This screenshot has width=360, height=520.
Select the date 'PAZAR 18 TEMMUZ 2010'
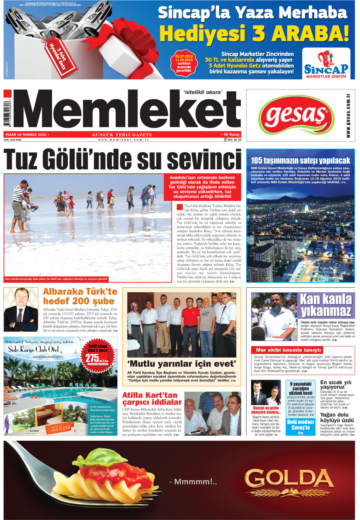(26, 134)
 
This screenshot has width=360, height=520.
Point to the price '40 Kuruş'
(232, 134)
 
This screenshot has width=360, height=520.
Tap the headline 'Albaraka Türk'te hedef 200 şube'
(80, 296)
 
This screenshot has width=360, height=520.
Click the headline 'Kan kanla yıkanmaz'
(326, 305)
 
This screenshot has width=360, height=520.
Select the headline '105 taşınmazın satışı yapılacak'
(300, 161)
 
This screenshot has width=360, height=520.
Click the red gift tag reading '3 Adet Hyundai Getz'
(56, 55)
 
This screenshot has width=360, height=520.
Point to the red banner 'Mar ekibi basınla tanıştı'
(288, 350)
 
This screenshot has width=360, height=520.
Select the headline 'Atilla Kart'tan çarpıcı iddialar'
(150, 398)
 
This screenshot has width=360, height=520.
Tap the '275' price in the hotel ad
(93, 358)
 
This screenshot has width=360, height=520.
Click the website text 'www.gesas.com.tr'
(348, 115)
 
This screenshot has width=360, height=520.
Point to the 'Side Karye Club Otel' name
(34, 349)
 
